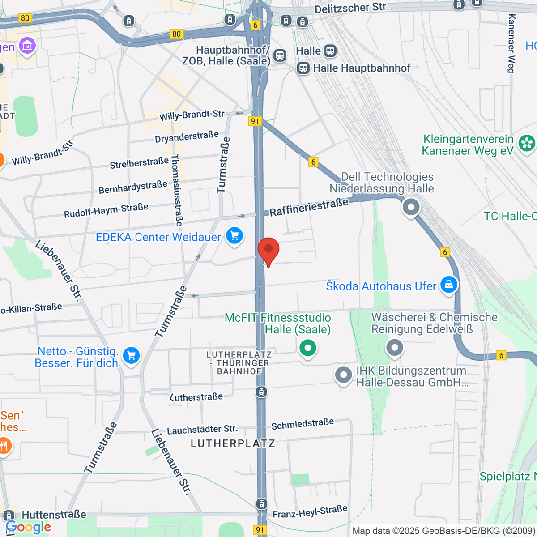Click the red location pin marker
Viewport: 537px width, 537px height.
(268, 250)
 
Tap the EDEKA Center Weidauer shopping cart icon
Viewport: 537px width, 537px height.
(234, 236)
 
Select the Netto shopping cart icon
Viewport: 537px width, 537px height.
(131, 356)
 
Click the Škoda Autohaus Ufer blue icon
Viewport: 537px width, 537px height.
(448, 285)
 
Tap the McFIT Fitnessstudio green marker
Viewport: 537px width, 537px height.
(307, 348)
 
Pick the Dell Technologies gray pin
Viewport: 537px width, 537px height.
(411, 207)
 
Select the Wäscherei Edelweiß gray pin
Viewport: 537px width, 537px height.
(394, 348)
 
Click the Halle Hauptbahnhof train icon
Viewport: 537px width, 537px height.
(303, 68)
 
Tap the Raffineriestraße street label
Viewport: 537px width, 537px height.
(309, 207)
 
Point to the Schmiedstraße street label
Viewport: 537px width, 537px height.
(303, 424)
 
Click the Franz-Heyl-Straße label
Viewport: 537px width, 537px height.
(310, 511)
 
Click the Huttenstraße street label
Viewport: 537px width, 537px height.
(54, 515)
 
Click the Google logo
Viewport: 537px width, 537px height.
(28, 528)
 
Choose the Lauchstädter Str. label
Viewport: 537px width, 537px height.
(202, 430)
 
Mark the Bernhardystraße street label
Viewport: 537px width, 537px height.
(133, 187)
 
